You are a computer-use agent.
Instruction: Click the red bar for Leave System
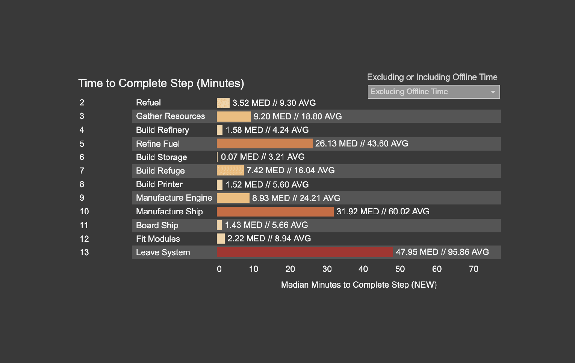coord(304,252)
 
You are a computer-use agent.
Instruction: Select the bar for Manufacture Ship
coord(275,212)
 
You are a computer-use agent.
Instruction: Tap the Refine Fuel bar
coord(265,143)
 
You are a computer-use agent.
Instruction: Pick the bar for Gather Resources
coord(234,116)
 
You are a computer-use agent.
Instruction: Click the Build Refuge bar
coord(230,171)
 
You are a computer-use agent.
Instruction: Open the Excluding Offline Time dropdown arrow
coord(493,92)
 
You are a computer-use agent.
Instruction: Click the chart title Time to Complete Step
coord(161,83)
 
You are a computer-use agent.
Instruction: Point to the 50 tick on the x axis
coord(400,269)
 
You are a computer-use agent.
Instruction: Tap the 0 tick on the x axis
coord(219,269)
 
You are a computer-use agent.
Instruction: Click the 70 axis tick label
coord(474,269)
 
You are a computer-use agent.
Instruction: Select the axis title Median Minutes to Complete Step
coord(359,285)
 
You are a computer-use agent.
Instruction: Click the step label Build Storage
coord(161,157)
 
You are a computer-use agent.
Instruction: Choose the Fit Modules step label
coord(158,239)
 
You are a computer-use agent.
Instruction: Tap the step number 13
coord(84,252)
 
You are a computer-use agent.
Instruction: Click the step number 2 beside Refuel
coord(82,102)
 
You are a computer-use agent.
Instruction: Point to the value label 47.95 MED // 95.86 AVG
coord(442,252)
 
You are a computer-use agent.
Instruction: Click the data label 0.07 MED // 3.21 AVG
coord(262,157)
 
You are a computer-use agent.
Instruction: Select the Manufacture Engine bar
coord(233,198)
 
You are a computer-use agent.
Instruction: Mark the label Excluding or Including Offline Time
coord(432,77)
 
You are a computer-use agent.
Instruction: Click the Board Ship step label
coord(157,225)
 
